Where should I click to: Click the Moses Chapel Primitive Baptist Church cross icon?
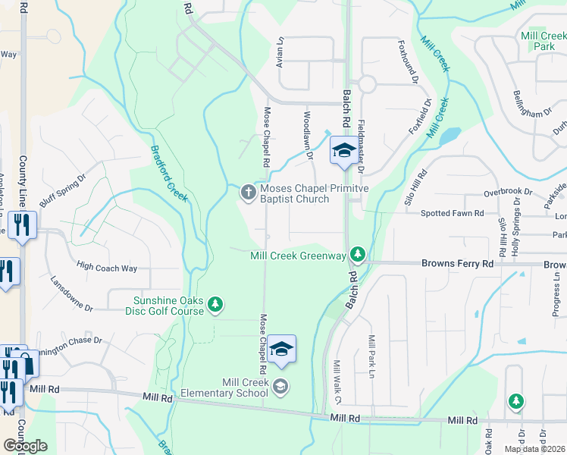pos(248,193)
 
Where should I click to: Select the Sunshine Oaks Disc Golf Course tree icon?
pos(216,305)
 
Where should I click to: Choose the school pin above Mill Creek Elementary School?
pos(281,348)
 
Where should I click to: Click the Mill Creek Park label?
pos(544,41)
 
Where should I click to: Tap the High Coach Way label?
pos(107,266)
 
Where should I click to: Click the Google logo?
pos(25,446)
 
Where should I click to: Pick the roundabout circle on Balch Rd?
pos(368,84)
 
